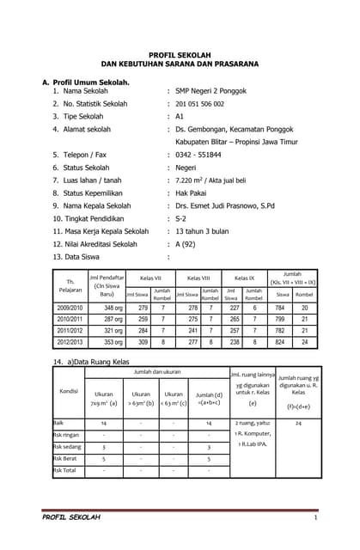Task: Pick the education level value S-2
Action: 182,218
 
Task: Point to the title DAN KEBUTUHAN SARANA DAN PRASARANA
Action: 180,64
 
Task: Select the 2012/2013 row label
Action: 71,341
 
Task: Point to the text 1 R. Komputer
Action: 253,435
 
